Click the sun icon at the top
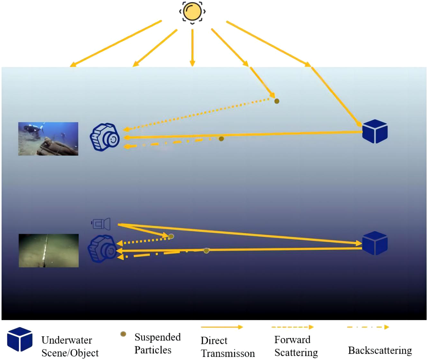[192, 12]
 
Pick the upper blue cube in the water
[375, 131]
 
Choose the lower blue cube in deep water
[375, 243]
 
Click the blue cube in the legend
[20, 339]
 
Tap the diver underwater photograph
[48, 139]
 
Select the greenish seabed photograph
[49, 250]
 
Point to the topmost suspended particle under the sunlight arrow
[277, 101]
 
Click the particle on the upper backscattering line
[221, 139]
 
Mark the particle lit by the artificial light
[171, 237]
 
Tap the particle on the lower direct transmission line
[206, 250]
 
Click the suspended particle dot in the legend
[123, 334]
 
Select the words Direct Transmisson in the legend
[228, 347]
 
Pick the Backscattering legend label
[380, 350]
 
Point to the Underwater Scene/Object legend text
[70, 346]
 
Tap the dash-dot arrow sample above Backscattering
[368, 327]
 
